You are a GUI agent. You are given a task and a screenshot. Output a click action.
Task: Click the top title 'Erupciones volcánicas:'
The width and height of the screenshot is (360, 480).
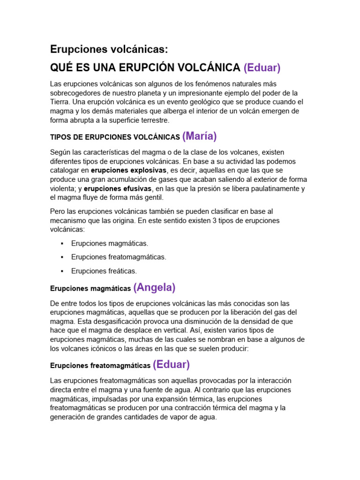coord(108,49)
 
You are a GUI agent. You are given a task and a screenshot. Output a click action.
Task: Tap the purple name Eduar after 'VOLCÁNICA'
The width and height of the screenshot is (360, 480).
coord(262,67)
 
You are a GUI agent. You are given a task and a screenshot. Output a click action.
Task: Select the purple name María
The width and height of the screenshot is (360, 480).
coord(200,136)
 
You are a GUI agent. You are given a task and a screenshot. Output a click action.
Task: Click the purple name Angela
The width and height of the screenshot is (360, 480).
coord(154,287)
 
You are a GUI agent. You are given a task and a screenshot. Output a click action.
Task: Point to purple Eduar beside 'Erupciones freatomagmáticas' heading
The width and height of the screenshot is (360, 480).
coord(171,364)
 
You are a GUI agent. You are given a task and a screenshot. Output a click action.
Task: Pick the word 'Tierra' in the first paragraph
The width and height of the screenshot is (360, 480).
coord(60,102)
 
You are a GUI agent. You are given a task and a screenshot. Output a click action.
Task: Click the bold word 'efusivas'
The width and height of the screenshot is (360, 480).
coord(135,188)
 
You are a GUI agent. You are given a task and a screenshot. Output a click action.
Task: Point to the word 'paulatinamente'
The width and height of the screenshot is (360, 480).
coord(272,188)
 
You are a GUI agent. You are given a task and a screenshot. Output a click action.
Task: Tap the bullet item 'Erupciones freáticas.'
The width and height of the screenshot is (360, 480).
coord(104,271)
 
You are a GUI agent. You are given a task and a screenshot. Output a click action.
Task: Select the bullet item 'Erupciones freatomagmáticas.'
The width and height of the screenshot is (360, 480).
coord(119,257)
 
